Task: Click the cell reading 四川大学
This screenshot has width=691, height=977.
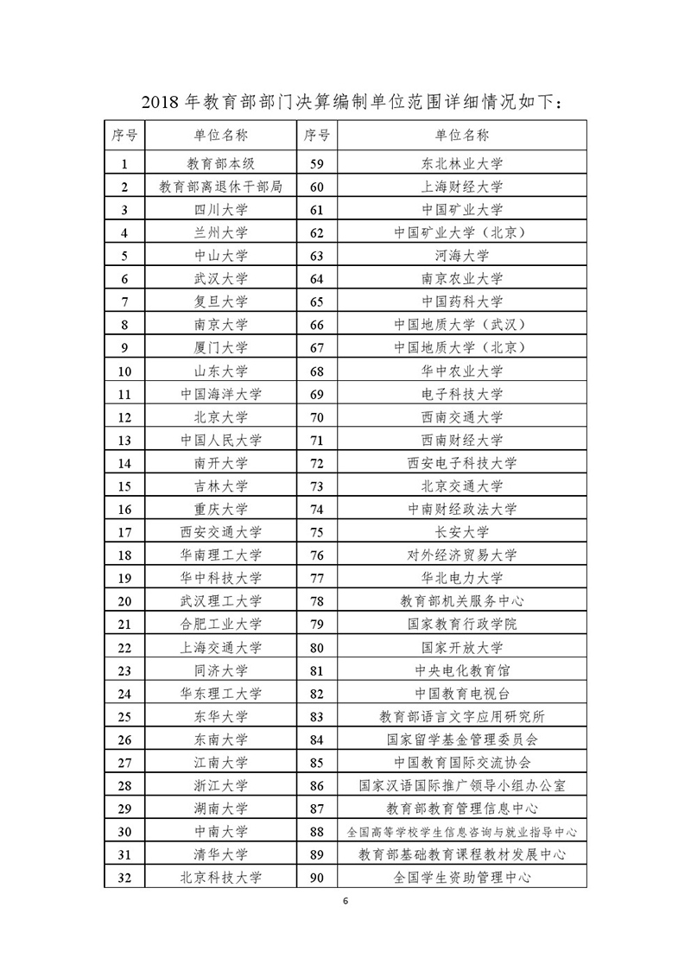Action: pyautogui.click(x=220, y=209)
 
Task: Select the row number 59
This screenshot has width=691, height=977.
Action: pyautogui.click(x=315, y=163)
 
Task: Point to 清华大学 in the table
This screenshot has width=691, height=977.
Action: pyautogui.click(x=220, y=854)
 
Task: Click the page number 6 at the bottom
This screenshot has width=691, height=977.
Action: pyautogui.click(x=345, y=902)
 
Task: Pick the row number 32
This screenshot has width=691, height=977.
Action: pyautogui.click(x=125, y=878)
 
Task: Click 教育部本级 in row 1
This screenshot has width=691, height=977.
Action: pyautogui.click(x=220, y=163)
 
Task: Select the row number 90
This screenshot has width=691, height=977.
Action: pyautogui.click(x=315, y=878)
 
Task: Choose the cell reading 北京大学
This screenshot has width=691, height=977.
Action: pyautogui.click(x=220, y=416)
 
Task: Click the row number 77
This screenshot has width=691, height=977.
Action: pyautogui.click(x=315, y=578)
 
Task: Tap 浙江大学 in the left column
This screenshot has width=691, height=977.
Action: pyautogui.click(x=220, y=785)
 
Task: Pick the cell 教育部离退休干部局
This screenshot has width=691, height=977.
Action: pyautogui.click(x=220, y=187)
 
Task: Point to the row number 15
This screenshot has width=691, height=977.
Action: pyautogui.click(x=125, y=485)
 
